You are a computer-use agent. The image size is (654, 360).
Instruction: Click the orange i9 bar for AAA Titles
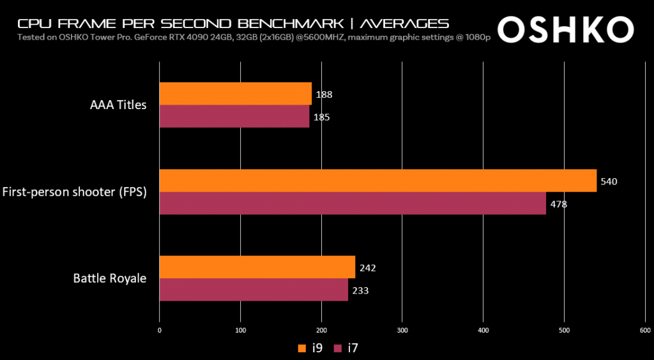coord(235,94)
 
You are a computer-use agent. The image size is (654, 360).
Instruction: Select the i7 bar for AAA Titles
coord(234,117)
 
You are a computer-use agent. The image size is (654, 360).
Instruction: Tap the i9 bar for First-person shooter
coord(377,181)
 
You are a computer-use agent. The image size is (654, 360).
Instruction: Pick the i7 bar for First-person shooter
coord(353,204)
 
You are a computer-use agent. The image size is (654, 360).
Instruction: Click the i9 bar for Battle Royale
coord(257,267)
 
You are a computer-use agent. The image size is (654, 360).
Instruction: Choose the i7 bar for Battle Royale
coord(254,290)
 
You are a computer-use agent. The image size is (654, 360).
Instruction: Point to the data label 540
coord(609,181)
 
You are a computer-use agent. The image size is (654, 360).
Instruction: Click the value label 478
coord(558,204)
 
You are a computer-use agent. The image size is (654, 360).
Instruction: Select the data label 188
coord(324,94)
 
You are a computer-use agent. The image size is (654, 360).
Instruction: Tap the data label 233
coord(360,290)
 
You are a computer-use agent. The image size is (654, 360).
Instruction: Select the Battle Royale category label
coord(110,278)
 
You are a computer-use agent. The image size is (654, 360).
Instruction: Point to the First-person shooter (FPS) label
coord(75,191)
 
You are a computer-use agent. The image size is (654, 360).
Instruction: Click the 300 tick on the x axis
coord(402,330)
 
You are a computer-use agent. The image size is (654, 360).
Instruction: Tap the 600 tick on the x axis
coord(644,330)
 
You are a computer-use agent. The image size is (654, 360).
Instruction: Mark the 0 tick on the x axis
coord(159,330)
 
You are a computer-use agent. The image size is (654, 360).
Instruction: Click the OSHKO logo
coord(565,28)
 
